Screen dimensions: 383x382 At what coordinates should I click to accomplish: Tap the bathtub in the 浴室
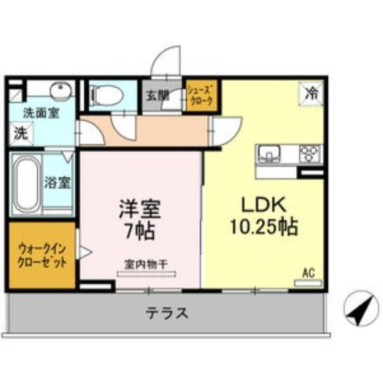click(x=27, y=184)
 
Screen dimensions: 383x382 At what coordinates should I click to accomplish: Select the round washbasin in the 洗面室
click(x=61, y=90)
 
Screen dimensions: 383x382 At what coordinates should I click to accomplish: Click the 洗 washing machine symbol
click(x=21, y=134)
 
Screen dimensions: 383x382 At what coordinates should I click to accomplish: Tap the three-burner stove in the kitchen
click(x=310, y=153)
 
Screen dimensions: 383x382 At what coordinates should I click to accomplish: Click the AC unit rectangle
click(x=308, y=283)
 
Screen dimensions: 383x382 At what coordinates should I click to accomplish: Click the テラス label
click(x=167, y=313)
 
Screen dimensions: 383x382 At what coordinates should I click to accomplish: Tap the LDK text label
click(x=264, y=205)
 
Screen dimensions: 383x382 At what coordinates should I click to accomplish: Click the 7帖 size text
click(x=140, y=231)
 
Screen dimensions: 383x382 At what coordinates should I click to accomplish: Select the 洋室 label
click(x=140, y=209)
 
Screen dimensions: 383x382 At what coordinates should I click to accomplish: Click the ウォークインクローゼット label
click(x=42, y=256)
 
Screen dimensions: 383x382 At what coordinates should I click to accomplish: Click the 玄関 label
click(x=158, y=96)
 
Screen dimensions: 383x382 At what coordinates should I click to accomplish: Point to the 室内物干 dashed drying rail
click(x=146, y=274)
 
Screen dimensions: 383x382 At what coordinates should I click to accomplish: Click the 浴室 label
click(x=57, y=183)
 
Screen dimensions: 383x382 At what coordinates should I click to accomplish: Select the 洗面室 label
click(x=41, y=113)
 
